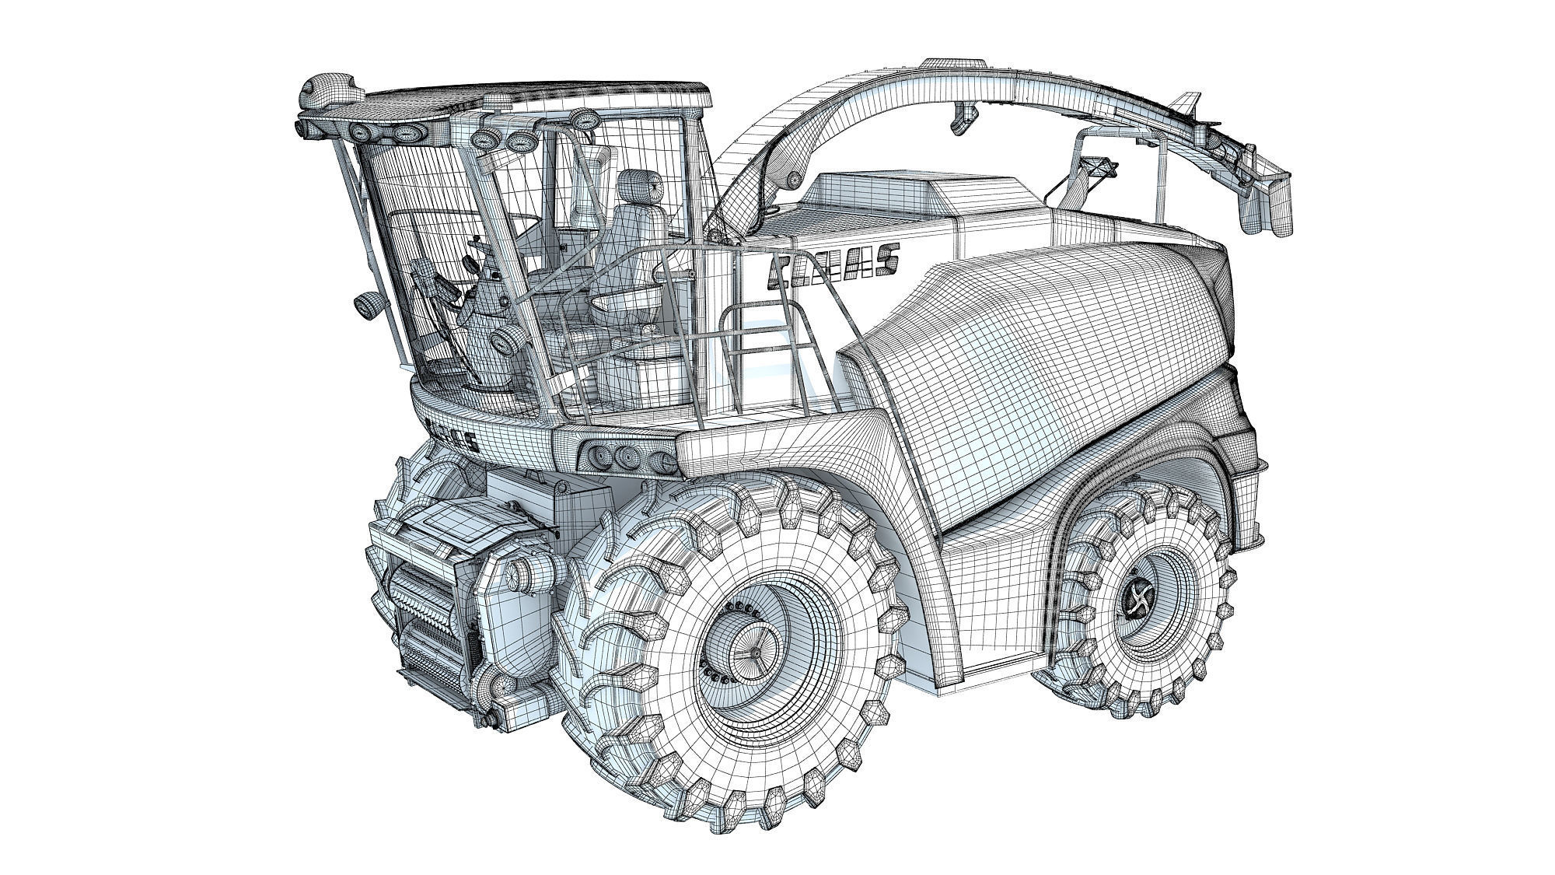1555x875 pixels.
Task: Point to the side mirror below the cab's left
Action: tap(365, 305)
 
